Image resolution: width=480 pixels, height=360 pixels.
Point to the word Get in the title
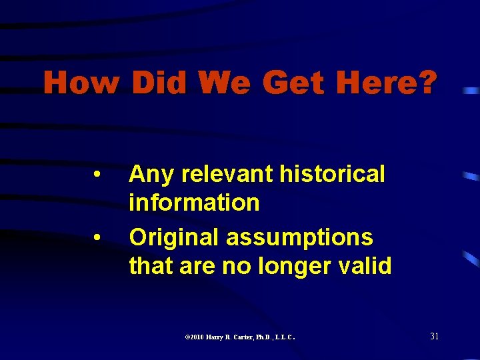pos(295,84)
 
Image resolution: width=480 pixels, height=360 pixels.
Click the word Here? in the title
pos(387,84)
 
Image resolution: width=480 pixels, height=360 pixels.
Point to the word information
pos(194,203)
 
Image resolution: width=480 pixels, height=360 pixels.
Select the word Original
pos(175,237)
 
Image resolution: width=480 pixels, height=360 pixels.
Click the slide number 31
pos(434,336)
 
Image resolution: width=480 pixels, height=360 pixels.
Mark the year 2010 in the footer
pos(196,337)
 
